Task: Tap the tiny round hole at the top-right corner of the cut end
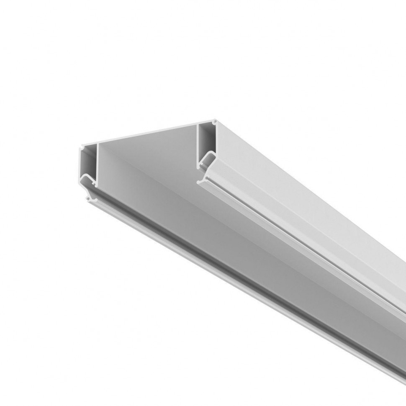(215, 122)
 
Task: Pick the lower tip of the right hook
(200, 181)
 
